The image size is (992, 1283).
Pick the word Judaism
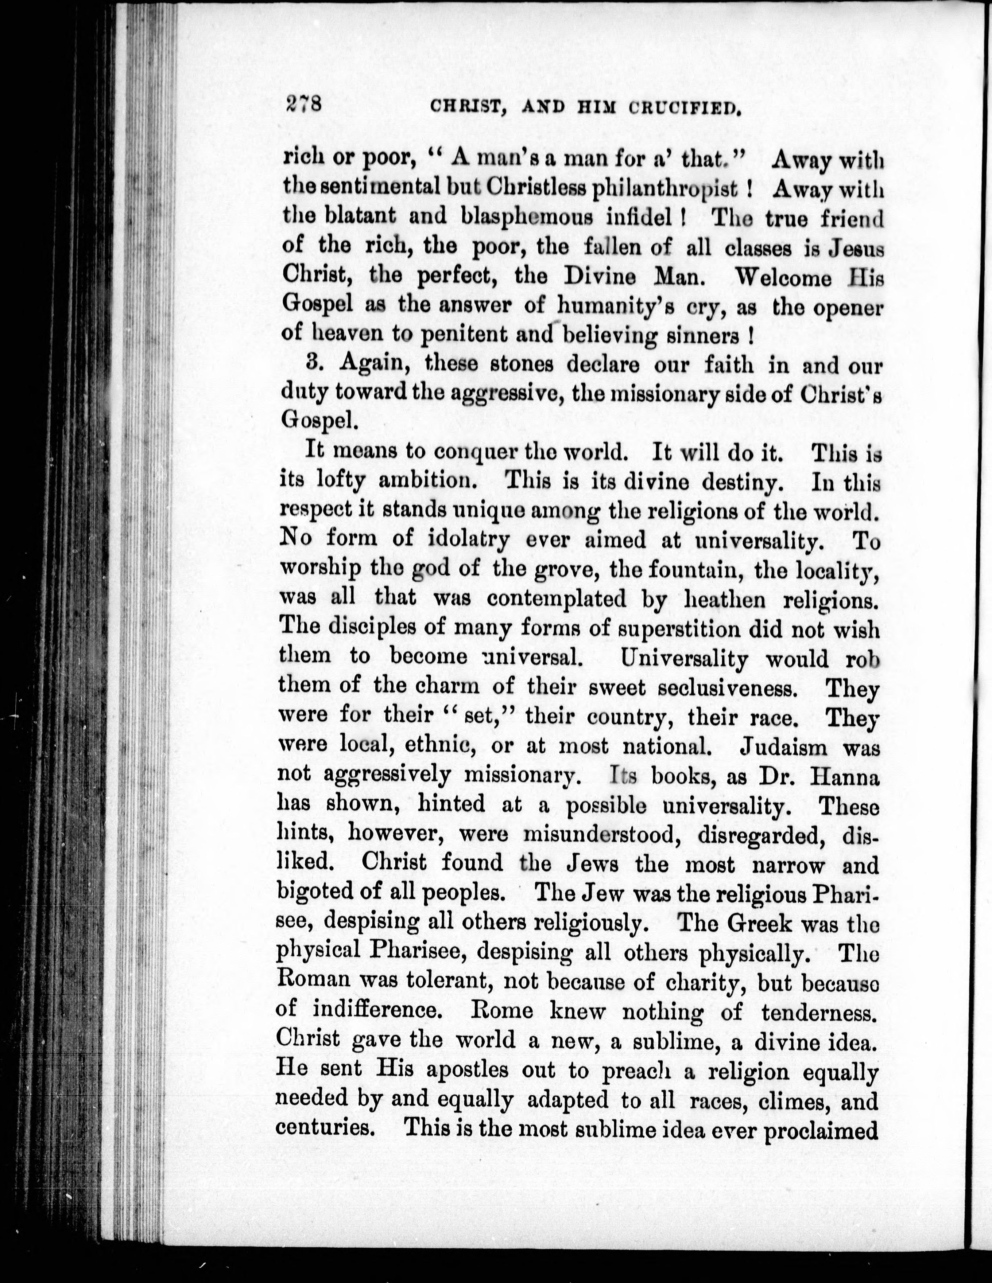pos(778,748)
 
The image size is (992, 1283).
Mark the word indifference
pos(382,1011)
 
